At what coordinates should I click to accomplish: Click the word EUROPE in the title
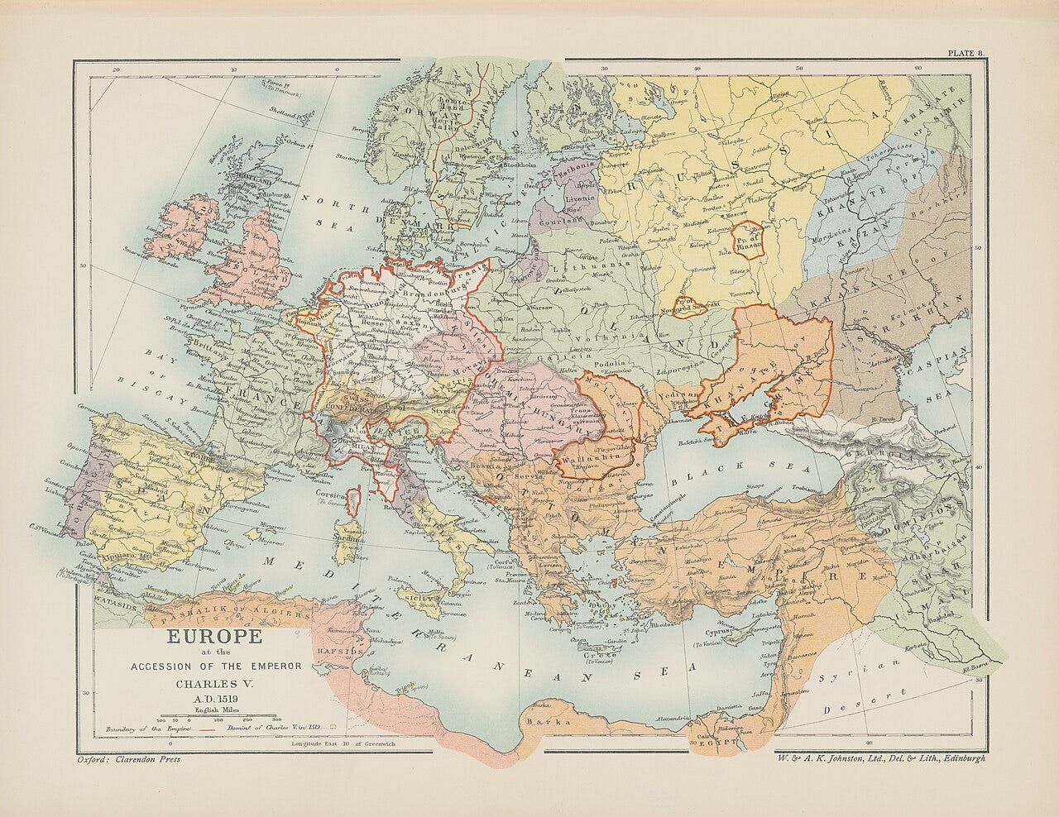214,637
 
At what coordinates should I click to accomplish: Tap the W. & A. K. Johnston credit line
880,757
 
